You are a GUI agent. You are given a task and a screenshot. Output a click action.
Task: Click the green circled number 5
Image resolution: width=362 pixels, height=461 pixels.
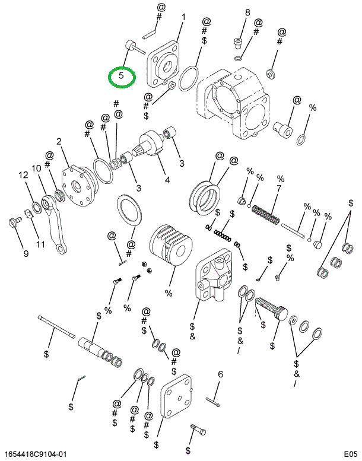click(x=122, y=76)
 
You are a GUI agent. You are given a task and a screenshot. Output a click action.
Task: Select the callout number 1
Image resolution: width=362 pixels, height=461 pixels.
click(x=183, y=17)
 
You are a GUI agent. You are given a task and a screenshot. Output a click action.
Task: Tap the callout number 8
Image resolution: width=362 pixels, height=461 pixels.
click(x=247, y=12)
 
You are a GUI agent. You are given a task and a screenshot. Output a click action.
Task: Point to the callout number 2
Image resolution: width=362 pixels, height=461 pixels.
click(x=59, y=141)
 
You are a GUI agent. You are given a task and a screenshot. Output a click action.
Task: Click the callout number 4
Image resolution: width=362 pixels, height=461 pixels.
click(x=167, y=180)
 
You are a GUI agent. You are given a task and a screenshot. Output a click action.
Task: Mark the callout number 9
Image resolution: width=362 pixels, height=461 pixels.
click(x=26, y=254)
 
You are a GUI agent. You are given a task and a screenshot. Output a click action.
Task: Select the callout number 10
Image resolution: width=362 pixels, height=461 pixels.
click(x=36, y=168)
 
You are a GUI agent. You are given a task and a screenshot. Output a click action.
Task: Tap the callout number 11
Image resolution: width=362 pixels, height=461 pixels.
click(x=41, y=244)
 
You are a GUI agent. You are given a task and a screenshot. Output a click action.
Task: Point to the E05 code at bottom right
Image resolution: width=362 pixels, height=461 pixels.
click(x=350, y=454)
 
